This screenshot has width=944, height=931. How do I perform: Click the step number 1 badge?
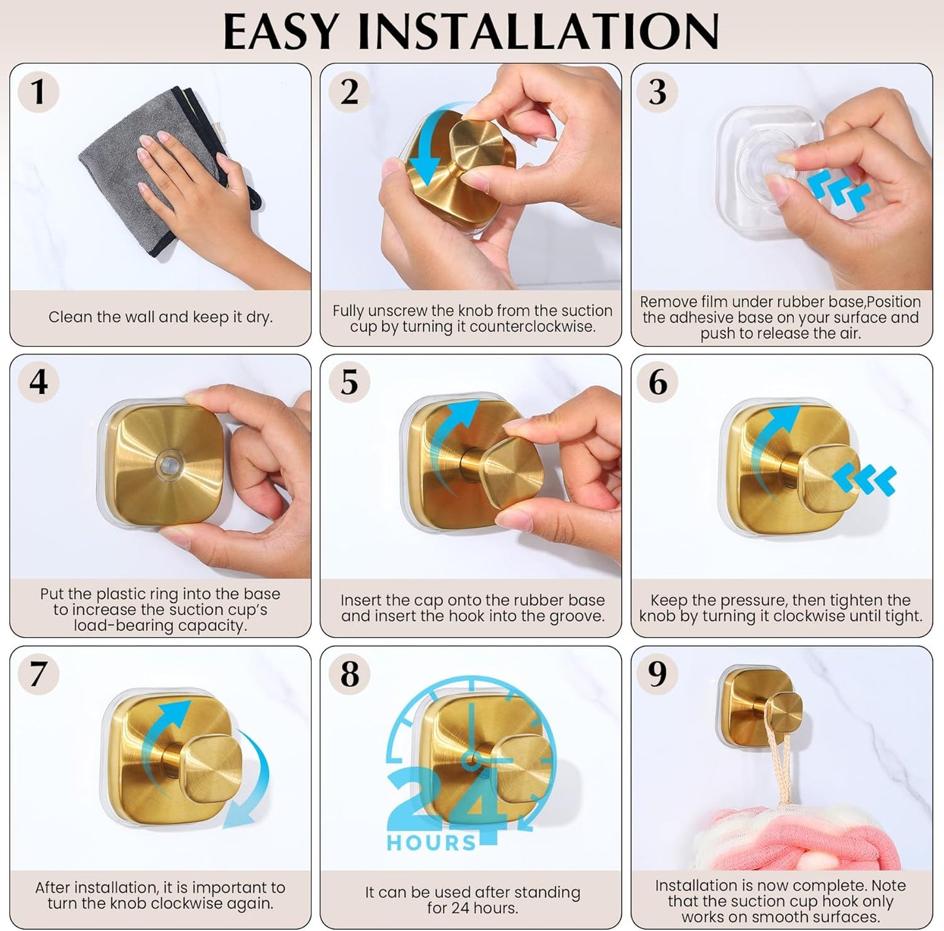point(38,91)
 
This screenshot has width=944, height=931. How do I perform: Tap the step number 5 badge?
point(350,382)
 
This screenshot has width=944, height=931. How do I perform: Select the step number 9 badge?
point(657,674)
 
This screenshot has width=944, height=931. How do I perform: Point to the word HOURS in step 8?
point(431,843)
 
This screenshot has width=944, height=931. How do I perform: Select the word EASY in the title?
point(281,31)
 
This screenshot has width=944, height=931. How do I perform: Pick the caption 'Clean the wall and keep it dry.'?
point(160,318)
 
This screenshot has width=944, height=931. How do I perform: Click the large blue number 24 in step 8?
point(451,800)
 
